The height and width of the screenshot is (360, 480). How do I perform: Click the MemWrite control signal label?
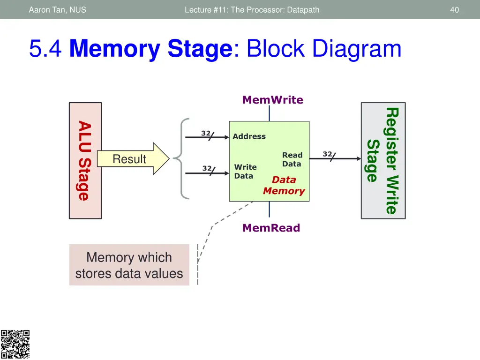[x=272, y=100]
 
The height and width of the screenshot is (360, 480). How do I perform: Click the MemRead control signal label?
[x=271, y=228]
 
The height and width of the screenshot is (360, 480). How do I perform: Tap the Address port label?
[x=249, y=136]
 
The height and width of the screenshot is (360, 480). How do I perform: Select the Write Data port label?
[x=245, y=172]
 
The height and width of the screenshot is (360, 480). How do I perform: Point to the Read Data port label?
[x=292, y=159]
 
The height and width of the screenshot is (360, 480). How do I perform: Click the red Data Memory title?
[x=284, y=185]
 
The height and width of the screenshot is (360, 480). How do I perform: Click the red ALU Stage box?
[x=85, y=160]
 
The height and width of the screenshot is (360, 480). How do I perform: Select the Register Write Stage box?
[x=383, y=160]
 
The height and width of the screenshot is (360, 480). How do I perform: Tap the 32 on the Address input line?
[x=205, y=133]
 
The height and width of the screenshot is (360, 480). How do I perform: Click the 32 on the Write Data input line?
[x=207, y=168]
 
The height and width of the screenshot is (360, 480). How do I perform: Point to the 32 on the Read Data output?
[x=327, y=154]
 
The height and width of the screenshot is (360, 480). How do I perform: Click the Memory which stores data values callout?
[x=129, y=265]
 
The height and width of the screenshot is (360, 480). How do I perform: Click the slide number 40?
[x=454, y=9]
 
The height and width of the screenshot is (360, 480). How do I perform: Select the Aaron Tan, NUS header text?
[x=57, y=9]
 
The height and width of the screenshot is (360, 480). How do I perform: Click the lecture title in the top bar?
[x=252, y=9]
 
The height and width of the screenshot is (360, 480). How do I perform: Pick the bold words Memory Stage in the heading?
[x=150, y=49]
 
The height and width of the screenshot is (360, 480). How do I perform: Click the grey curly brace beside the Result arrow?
[x=181, y=158]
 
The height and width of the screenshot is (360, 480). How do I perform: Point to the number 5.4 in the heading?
[x=45, y=49]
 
